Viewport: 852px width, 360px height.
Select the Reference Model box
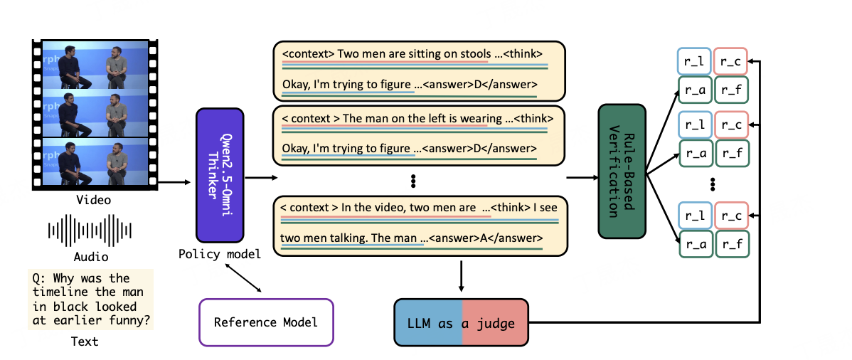click(x=266, y=322)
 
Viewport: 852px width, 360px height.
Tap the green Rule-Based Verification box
click(x=622, y=171)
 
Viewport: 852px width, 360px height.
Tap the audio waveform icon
click(x=90, y=228)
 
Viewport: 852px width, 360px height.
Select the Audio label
click(x=91, y=256)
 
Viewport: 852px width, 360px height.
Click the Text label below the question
click(x=85, y=342)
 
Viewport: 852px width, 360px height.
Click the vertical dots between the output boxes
click(x=412, y=181)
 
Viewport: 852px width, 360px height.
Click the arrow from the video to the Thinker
click(x=174, y=183)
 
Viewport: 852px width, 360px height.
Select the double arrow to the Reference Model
click(x=243, y=277)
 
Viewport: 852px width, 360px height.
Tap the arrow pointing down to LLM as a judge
click(x=462, y=276)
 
